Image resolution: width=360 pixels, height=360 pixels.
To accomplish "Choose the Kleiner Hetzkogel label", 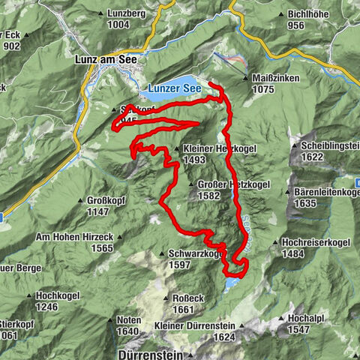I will pyautogui.click(x=220, y=148).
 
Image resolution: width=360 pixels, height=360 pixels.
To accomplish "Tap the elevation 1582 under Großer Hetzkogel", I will pyautogui.click(x=209, y=196).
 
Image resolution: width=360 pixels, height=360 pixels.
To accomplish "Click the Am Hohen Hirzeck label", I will pyautogui.click(x=75, y=236).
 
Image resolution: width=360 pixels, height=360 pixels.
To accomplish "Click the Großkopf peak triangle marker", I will pyautogui.click(x=82, y=200).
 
